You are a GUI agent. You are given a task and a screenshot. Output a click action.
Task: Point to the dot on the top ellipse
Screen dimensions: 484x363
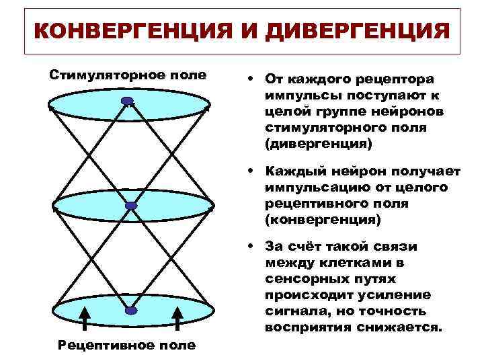click(128, 102)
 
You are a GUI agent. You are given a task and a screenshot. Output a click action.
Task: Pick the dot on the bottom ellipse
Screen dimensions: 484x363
click(131, 311)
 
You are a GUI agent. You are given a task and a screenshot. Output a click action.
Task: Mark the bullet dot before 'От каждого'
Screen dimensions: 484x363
click(249, 78)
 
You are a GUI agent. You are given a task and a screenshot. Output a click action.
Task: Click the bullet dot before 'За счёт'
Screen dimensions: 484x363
click(249, 246)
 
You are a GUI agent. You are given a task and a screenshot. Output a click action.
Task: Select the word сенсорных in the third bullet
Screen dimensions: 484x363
click(298, 279)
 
